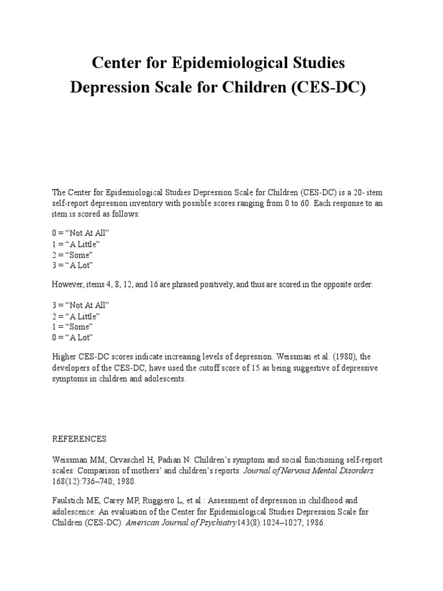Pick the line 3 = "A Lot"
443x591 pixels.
(x=72, y=265)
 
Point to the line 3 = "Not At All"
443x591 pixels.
(x=80, y=305)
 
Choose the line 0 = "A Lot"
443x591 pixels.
(x=72, y=338)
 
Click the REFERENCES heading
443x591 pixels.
(x=79, y=439)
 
